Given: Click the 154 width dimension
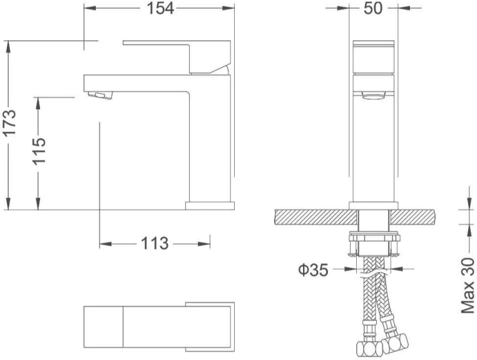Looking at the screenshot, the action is [160, 8].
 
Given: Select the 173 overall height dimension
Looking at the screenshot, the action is [9, 123].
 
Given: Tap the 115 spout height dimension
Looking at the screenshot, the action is [39, 151].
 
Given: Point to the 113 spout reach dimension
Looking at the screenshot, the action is [155, 244].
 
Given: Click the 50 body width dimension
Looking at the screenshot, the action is [372, 8].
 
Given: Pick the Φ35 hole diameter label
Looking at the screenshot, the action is [314, 270].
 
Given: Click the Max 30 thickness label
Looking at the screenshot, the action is [468, 285].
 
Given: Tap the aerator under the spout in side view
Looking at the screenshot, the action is [100, 95].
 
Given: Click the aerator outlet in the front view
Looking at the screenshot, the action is [373, 95].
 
